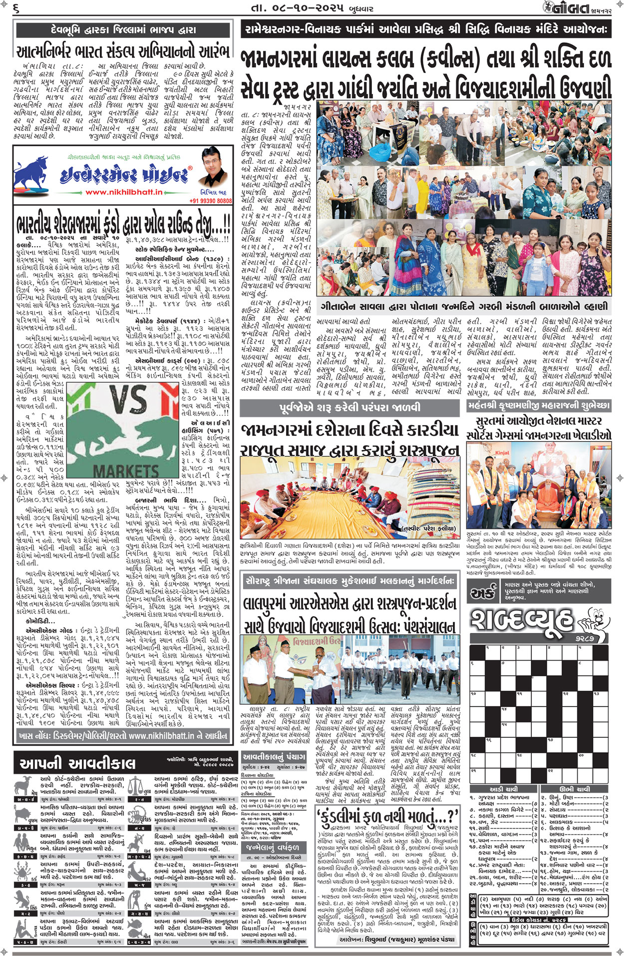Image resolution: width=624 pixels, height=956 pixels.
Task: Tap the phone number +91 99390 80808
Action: (211, 201)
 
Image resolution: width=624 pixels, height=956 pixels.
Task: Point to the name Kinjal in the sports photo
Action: (502, 453)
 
